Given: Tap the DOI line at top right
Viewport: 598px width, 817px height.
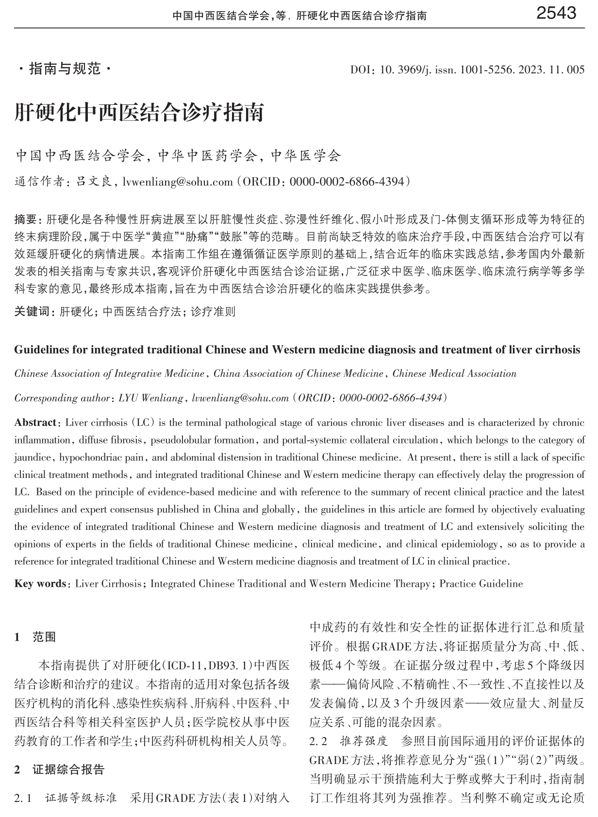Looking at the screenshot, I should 467,70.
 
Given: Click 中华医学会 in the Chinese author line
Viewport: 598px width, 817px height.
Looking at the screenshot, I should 306,156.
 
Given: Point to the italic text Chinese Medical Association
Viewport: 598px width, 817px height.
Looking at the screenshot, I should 454,374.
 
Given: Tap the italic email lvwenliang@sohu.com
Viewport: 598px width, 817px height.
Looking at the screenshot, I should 240,398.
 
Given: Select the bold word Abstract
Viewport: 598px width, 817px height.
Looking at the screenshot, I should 35,423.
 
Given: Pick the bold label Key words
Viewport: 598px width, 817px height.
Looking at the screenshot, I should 40,583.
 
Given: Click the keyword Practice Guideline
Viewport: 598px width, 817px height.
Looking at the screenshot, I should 481,583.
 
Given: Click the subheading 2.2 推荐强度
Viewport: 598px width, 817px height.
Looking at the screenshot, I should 349,741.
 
